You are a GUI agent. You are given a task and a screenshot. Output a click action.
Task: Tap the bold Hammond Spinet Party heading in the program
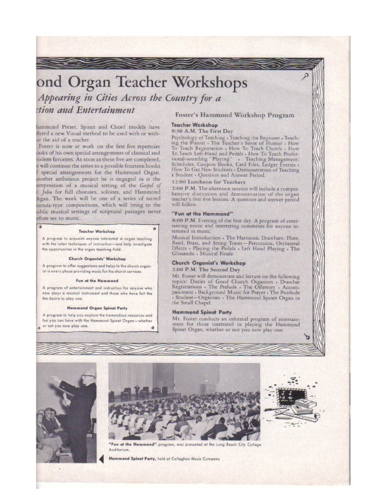[202, 312]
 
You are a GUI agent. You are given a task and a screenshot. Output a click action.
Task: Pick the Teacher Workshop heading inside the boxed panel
[97, 231]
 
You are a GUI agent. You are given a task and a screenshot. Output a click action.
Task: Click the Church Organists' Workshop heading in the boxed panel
[97, 257]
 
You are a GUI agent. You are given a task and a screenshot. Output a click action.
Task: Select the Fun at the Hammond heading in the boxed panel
[97, 280]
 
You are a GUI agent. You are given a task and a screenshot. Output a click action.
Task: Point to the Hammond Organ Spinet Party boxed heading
[97, 307]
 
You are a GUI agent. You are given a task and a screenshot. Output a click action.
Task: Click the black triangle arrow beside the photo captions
[101, 458]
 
